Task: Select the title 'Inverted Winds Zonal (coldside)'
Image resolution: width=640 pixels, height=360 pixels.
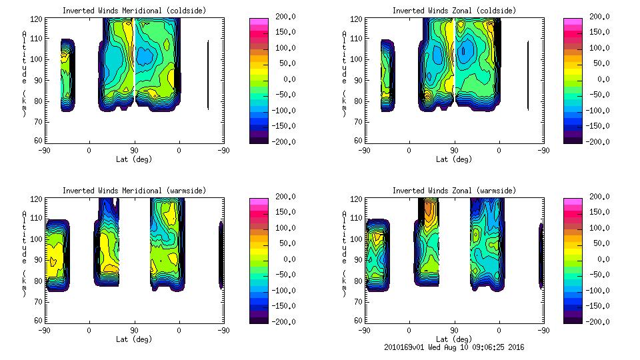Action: click(453, 11)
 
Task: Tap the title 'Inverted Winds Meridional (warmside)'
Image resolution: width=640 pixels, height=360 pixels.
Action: click(134, 191)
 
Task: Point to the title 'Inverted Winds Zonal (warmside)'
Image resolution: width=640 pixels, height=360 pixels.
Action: click(453, 191)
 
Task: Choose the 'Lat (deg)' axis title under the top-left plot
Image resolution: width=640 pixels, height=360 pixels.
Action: click(133, 159)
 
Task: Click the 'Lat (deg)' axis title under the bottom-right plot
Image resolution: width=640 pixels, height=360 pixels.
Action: click(453, 339)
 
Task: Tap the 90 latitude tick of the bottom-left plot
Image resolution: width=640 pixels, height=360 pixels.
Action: click(134, 330)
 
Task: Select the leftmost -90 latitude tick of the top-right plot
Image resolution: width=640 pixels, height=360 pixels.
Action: click(364, 150)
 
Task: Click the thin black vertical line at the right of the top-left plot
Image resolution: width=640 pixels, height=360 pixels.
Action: click(208, 75)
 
